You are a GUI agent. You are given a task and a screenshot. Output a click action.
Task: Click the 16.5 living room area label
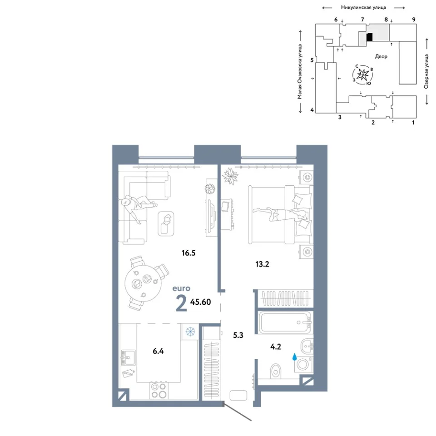click(188, 253)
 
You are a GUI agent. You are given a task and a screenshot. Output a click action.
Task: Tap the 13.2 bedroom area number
click(262, 264)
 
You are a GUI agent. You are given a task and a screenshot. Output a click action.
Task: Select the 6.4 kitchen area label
click(158, 351)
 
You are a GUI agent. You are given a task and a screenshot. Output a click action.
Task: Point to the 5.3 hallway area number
click(238, 335)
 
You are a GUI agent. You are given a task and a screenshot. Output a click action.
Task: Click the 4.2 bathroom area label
click(276, 347)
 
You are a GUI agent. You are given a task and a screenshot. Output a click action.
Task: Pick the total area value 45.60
click(200, 302)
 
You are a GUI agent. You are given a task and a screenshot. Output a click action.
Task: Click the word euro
click(181, 288)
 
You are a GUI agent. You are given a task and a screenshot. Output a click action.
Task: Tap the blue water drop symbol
click(294, 357)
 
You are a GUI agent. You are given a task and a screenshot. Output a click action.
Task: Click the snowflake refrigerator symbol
click(190, 332)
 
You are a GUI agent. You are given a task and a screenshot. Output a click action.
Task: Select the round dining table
click(143, 283)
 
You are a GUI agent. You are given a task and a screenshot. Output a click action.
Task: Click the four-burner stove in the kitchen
click(159, 391)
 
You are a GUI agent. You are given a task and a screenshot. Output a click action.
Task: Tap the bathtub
click(285, 322)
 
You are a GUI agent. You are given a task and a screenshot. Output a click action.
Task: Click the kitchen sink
click(129, 357)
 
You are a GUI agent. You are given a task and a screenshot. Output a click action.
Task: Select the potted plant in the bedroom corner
click(230, 176)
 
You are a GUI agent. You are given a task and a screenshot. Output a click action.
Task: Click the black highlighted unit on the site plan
click(370, 37)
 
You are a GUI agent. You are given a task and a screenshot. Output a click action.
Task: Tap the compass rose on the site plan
click(363, 74)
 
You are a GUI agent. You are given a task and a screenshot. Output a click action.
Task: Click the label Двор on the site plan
click(381, 56)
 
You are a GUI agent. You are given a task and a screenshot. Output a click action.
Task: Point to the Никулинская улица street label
click(363, 8)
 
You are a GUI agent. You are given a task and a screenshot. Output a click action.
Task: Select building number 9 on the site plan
click(414, 20)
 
